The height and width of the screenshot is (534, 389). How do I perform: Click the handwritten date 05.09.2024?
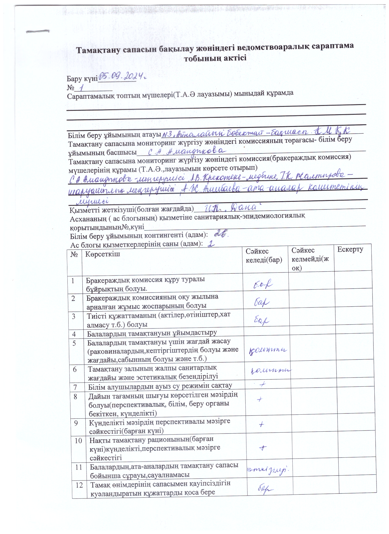tap(123, 76)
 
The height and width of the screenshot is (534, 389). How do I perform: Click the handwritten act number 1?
tap(81, 88)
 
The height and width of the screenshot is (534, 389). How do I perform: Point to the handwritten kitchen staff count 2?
tap(210, 244)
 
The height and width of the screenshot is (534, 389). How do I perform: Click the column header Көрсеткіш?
tap(103, 254)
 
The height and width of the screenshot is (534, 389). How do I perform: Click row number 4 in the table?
tap(74, 334)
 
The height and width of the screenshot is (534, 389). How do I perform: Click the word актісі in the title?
tap(231, 58)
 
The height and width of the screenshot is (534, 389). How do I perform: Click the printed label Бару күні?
tap(82, 78)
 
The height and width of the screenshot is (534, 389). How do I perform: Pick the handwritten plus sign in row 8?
tap(260, 400)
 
